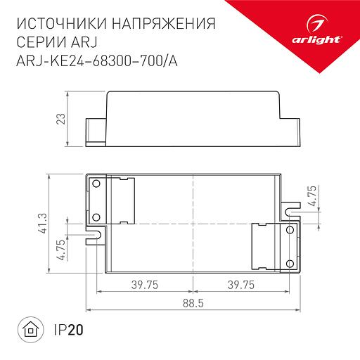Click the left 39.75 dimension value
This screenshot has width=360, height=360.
coord(143,284)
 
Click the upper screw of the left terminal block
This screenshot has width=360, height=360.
coord(97,184)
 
